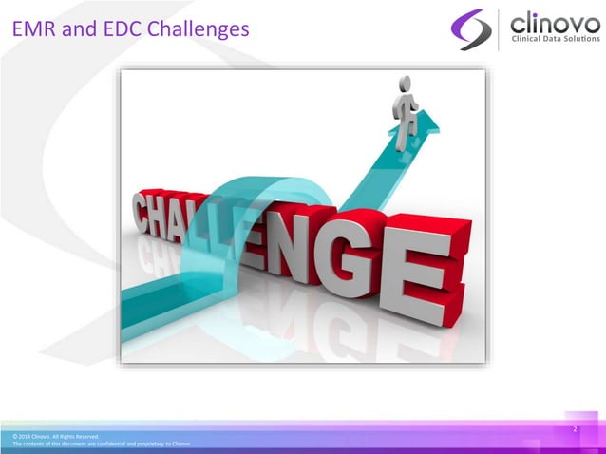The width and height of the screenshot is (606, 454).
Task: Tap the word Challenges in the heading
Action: (197, 31)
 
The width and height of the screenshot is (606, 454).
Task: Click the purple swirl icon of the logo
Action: (471, 28)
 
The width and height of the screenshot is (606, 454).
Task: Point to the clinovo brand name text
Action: (555, 21)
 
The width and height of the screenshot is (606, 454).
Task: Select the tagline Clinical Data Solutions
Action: (556, 39)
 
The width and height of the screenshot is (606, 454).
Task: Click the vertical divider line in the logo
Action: (499, 28)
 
